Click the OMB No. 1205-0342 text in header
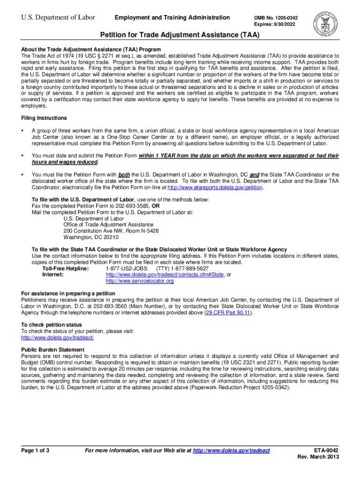pos(276,18)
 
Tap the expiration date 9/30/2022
pos(287,24)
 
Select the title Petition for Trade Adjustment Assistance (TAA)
pos(180,36)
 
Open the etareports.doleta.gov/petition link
pos(215,188)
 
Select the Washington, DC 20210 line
pos(85,237)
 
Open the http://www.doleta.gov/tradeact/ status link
pos(58,338)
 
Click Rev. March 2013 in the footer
pos(318,457)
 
